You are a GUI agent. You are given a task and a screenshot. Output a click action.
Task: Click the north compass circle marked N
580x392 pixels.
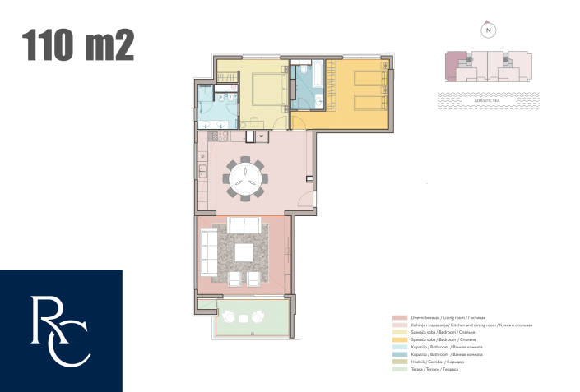489,30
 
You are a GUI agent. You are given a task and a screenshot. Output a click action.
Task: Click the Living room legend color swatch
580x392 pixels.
395,317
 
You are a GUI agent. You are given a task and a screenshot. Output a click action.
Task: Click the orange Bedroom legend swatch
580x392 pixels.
395,339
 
